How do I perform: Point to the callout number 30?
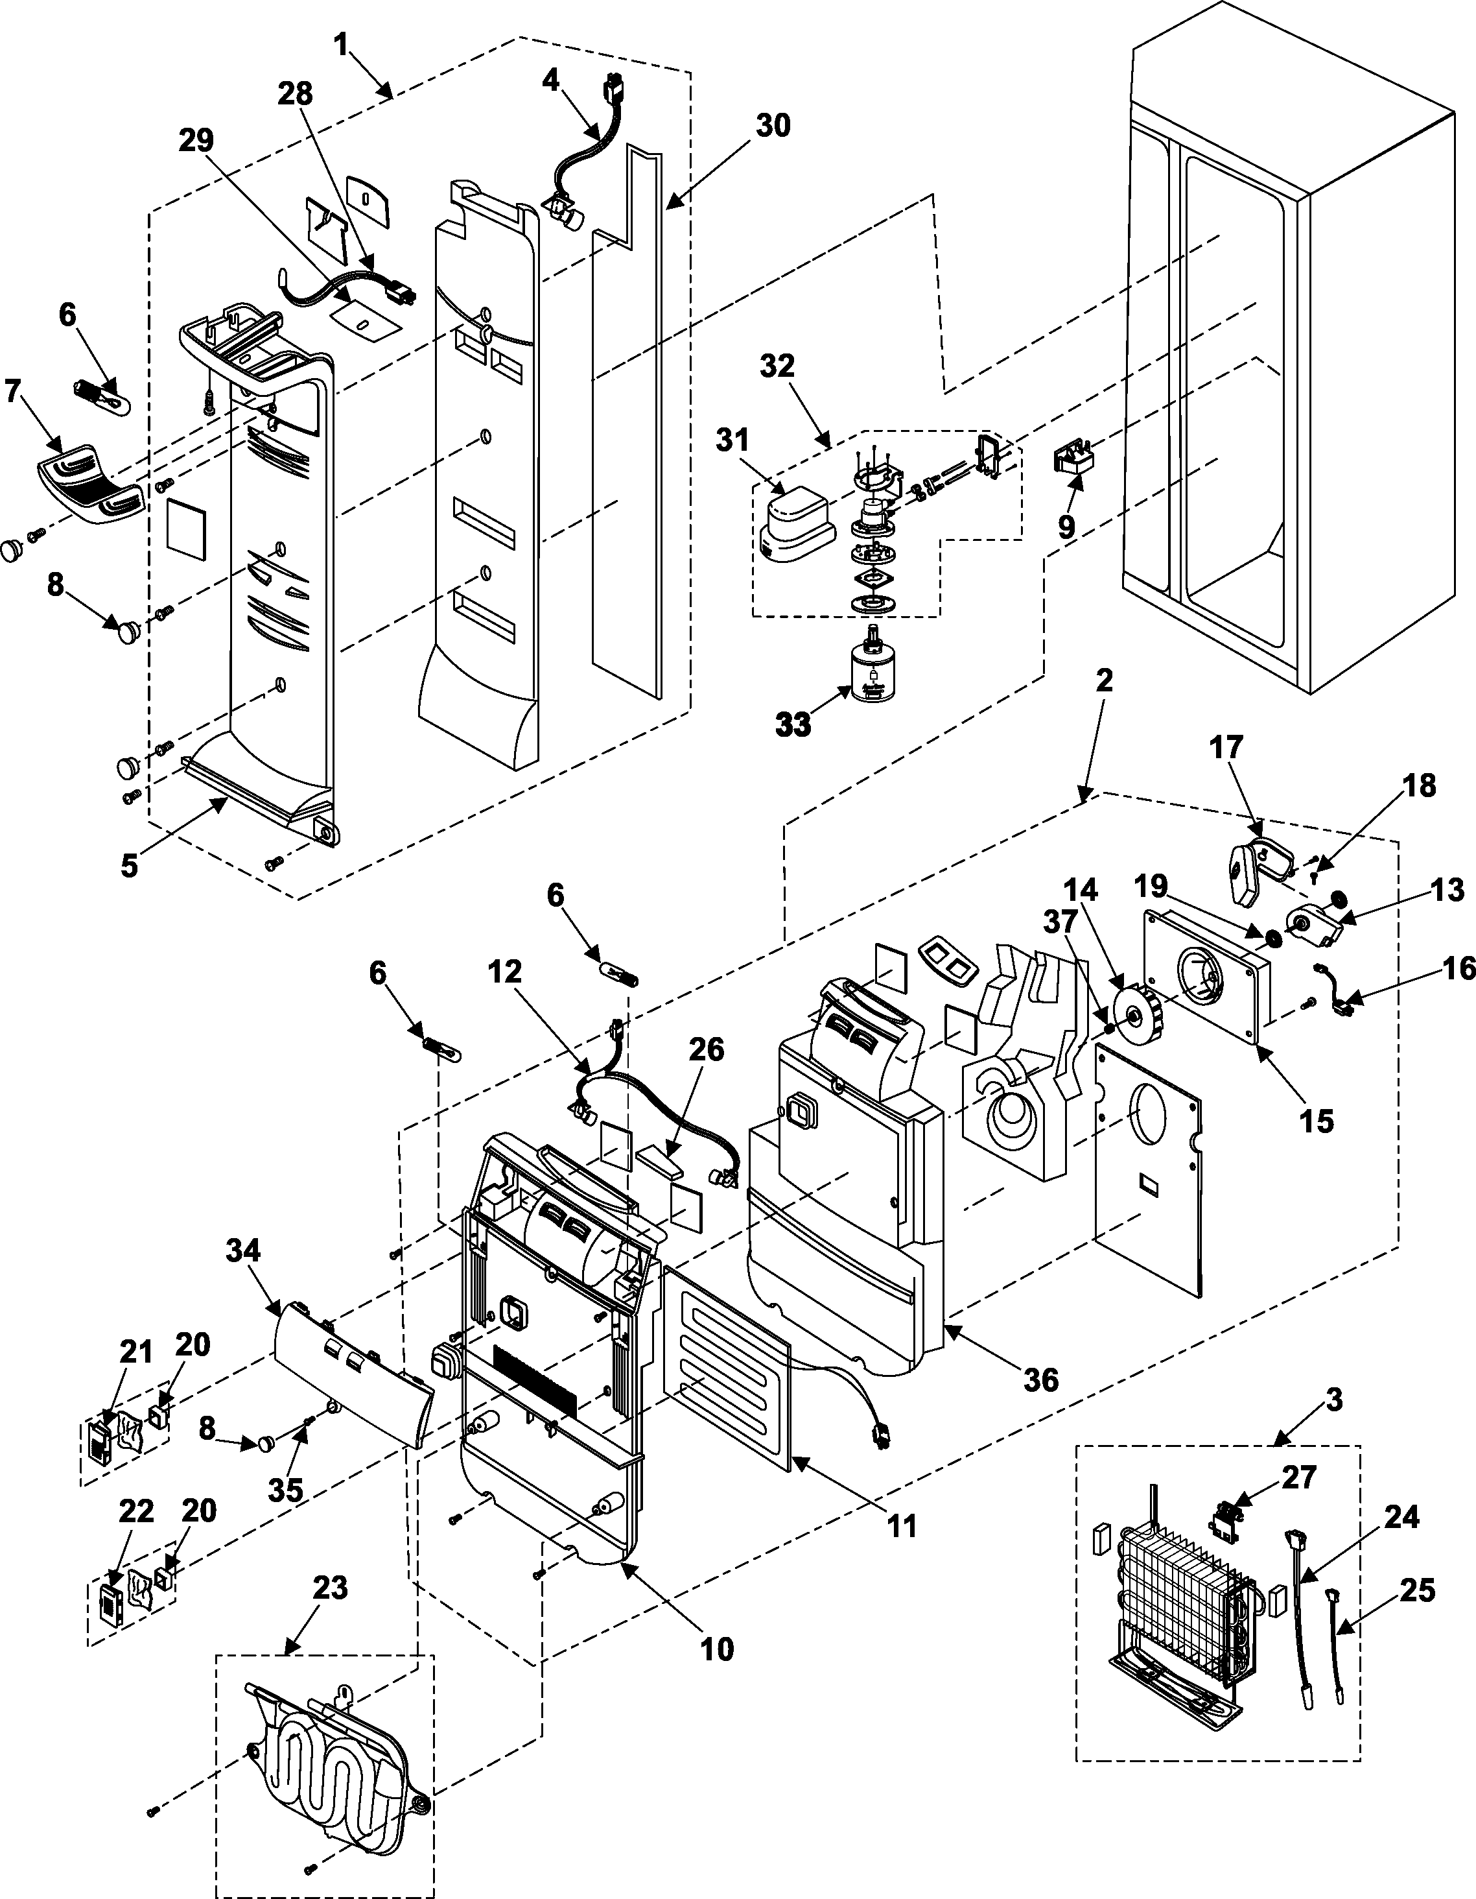pos(772,126)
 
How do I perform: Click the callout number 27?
pos(1298,1477)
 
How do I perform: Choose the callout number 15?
pos(1317,1121)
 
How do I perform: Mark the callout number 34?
pos(243,1251)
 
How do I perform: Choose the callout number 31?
pos(732,441)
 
